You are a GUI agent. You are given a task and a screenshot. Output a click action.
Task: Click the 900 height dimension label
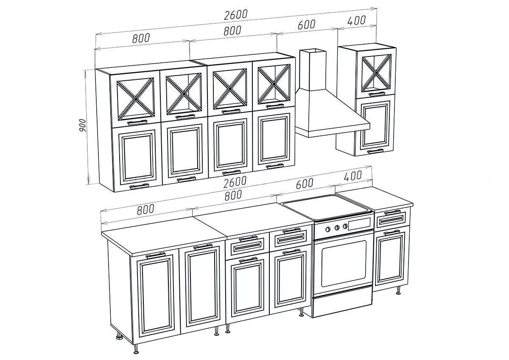(82, 125)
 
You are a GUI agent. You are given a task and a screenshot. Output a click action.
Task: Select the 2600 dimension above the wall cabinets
(236, 15)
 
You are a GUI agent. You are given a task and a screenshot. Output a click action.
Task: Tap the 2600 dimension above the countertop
(235, 182)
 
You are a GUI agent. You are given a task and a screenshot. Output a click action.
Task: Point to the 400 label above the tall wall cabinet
(357, 21)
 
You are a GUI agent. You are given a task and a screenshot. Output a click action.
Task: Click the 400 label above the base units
(352, 176)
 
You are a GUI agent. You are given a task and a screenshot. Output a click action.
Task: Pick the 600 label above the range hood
(307, 25)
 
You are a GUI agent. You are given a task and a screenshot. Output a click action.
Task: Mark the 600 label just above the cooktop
(305, 183)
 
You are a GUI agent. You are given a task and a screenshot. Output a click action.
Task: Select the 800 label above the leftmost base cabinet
(145, 209)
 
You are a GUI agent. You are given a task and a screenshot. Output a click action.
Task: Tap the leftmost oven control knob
(328, 229)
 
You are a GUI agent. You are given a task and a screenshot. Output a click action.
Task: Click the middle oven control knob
(337, 228)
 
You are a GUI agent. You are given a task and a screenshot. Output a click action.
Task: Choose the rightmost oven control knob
(345, 226)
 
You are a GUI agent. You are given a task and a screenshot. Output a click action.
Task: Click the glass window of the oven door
(344, 264)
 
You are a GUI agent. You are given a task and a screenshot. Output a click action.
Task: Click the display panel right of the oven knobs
(360, 224)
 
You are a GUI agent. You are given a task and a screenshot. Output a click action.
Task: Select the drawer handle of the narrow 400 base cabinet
(392, 212)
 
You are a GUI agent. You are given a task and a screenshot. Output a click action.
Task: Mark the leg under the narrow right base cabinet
(398, 291)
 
